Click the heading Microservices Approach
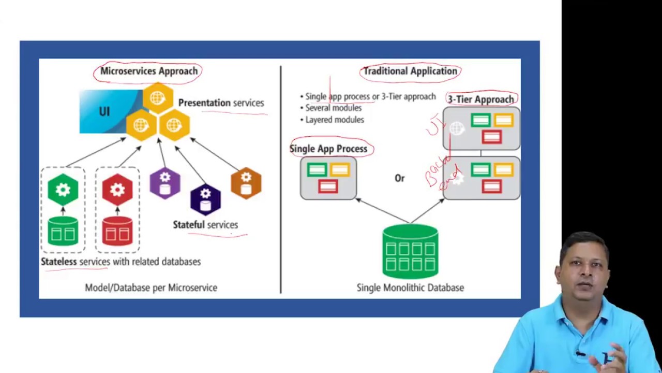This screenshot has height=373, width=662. pyautogui.click(x=148, y=71)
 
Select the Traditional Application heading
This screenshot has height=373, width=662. pyautogui.click(x=410, y=71)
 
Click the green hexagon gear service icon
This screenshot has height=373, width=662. pyautogui.click(x=63, y=190)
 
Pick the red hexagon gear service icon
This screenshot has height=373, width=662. pyautogui.click(x=117, y=190)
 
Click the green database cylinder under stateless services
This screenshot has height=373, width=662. pyautogui.click(x=63, y=231)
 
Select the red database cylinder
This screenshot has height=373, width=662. pyautogui.click(x=117, y=231)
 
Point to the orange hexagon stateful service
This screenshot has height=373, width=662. pyautogui.click(x=246, y=183)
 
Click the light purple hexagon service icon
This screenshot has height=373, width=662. pyautogui.click(x=165, y=183)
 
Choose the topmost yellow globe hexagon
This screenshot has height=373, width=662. pyautogui.click(x=158, y=97)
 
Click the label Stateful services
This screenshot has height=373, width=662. pyautogui.click(x=205, y=225)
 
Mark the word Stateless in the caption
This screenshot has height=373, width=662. pyautogui.click(x=59, y=262)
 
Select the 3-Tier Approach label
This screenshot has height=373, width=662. pyautogui.click(x=481, y=99)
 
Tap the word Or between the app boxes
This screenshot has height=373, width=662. pyautogui.click(x=399, y=178)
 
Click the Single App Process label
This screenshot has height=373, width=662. pyautogui.click(x=328, y=149)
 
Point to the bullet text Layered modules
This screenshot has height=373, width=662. pyautogui.click(x=334, y=120)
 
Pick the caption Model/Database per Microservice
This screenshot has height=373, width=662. pyautogui.click(x=151, y=288)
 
